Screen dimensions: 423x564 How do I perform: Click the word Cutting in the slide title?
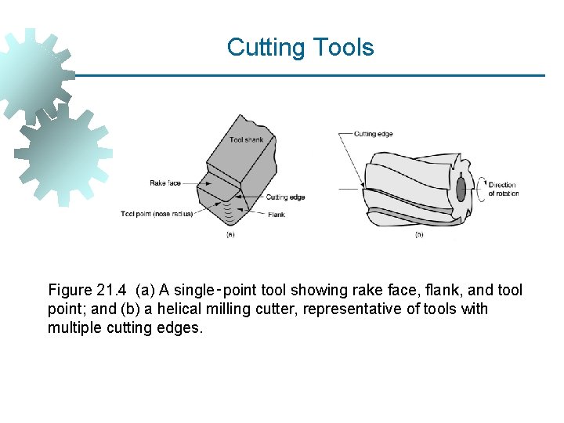click(x=266, y=48)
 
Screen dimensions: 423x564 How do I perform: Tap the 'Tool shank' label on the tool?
click(x=246, y=140)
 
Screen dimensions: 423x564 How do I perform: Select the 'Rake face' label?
click(x=164, y=183)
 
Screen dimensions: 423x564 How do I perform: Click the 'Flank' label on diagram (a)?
click(x=276, y=214)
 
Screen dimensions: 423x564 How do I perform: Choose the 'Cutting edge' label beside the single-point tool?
click(x=285, y=197)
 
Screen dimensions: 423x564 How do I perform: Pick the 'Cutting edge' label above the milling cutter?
click(x=373, y=134)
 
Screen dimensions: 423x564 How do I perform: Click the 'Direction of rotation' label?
click(x=503, y=189)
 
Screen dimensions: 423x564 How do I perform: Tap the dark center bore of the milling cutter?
click(x=461, y=189)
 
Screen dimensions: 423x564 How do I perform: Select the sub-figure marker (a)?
click(x=230, y=233)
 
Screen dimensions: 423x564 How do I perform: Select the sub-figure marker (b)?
click(x=419, y=234)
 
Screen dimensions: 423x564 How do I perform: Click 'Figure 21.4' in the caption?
click(x=88, y=291)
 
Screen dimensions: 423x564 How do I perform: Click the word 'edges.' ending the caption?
click(x=181, y=327)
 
